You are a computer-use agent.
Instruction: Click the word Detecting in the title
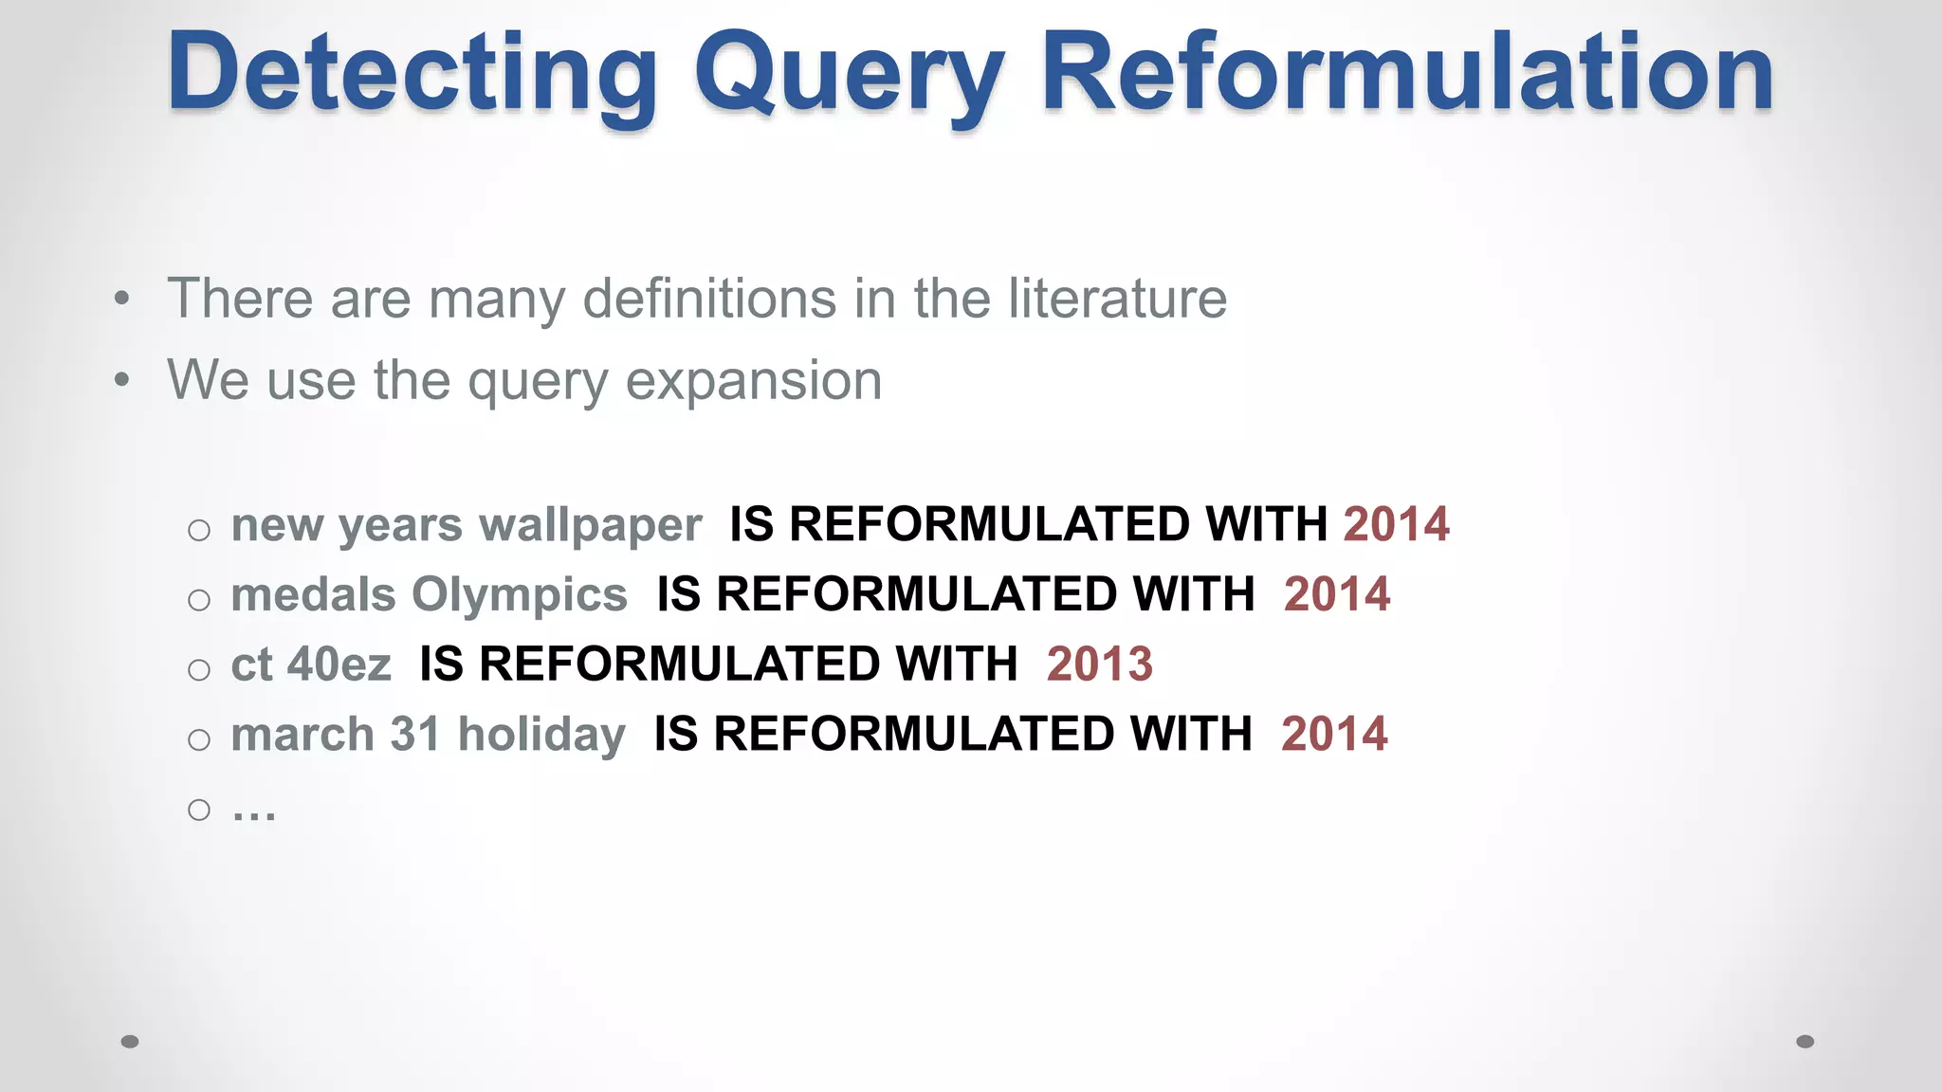tap(412, 74)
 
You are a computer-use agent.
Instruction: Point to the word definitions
tap(710, 299)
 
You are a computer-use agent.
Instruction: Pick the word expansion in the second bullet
tap(754, 381)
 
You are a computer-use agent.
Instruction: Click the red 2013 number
tap(1099, 664)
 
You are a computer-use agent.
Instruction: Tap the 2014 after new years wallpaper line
tap(1396, 524)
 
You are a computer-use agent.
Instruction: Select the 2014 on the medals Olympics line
tap(1336, 594)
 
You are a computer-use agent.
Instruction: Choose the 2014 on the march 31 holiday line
tap(1333, 734)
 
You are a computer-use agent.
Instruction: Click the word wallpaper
tap(590, 524)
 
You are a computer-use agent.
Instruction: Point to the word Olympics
tap(519, 594)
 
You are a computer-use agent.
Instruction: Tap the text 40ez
tap(339, 664)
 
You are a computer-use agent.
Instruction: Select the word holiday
tap(541, 734)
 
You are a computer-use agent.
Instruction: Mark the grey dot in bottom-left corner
tap(130, 1042)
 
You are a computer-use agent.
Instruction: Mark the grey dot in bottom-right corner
tap(1805, 1042)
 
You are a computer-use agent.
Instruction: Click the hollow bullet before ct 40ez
tap(199, 670)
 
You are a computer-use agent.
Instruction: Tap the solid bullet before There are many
tap(121, 300)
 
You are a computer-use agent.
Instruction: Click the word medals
tap(313, 594)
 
